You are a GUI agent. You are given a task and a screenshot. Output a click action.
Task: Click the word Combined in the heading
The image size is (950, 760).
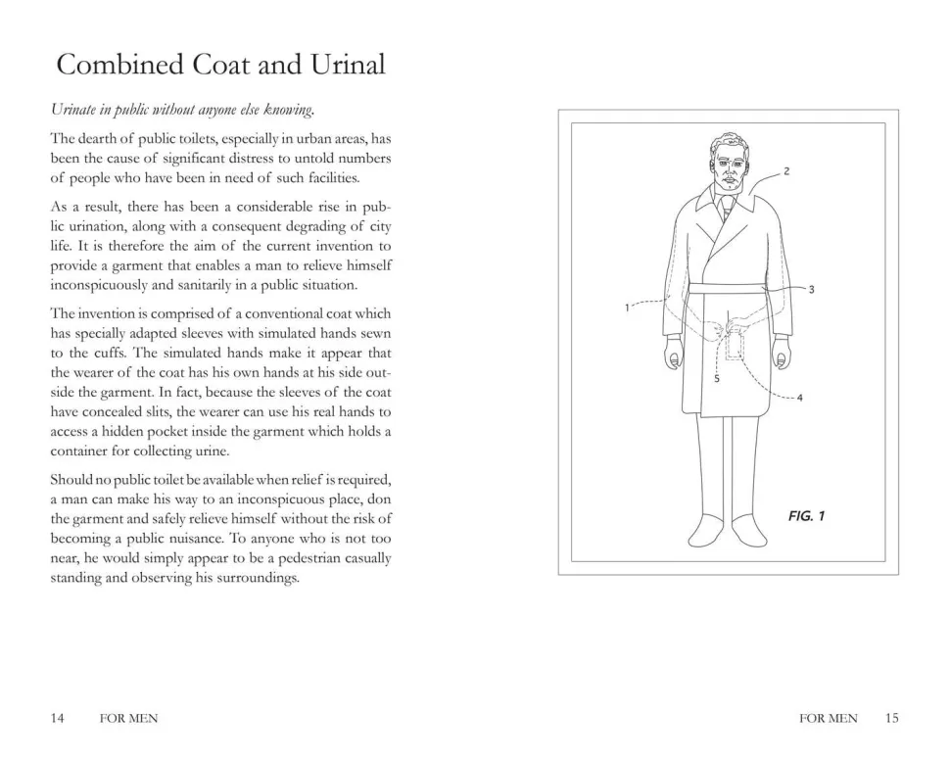tap(107, 65)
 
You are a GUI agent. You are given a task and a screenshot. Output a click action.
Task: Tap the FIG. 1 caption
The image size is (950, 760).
tap(806, 516)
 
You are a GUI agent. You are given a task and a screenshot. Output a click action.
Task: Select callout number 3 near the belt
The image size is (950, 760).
tap(811, 290)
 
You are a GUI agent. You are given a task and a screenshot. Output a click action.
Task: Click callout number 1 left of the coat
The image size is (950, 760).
tap(627, 309)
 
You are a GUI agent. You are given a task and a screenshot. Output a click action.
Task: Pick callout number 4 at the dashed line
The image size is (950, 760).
tap(800, 398)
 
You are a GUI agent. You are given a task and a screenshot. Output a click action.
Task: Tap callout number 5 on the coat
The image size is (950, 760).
tap(717, 378)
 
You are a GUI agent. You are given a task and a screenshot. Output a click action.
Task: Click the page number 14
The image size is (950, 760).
tap(58, 718)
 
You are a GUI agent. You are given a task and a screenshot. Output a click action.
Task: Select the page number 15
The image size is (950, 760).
tap(890, 718)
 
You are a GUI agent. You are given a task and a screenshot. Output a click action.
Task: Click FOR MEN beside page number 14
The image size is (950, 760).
tap(128, 719)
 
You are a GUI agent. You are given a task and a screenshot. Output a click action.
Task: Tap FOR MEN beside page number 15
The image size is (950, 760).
tap(828, 719)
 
